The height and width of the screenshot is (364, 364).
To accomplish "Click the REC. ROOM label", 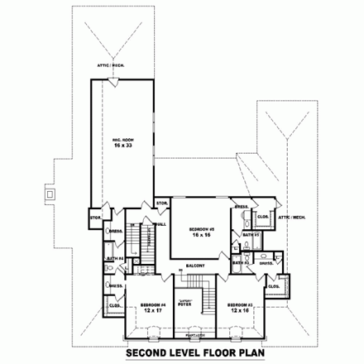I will [x=122, y=141].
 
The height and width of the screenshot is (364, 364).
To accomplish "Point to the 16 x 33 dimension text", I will [x=122, y=148].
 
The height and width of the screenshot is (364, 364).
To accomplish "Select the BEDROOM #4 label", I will [x=153, y=304].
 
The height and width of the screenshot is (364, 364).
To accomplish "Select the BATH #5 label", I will [x=251, y=235].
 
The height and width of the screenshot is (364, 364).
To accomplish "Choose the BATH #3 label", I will [x=239, y=262].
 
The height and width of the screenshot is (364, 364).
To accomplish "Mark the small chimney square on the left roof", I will [x=50, y=194].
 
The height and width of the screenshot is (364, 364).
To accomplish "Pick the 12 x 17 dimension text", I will [x=153, y=310].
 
